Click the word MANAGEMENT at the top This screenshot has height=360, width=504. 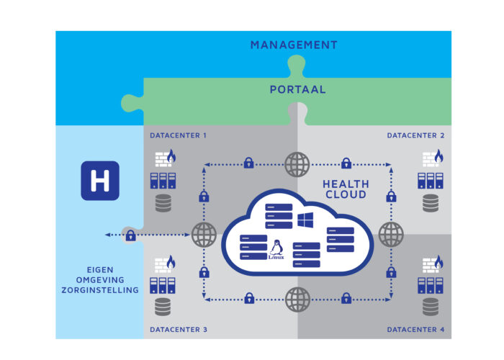tap(294, 45)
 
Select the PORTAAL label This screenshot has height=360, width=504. tap(298, 90)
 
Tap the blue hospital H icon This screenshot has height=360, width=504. tap(100, 180)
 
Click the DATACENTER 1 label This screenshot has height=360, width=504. tap(179, 135)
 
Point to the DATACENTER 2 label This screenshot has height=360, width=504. tap(415, 135)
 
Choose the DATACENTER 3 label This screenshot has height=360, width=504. tap(179, 330)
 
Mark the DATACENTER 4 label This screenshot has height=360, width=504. tap(415, 330)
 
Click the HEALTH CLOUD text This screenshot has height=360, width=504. tap(345, 189)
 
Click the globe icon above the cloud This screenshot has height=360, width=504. tap(297, 165)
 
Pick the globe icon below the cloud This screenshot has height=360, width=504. tap(297, 297)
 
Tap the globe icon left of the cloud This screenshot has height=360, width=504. tap(204, 235)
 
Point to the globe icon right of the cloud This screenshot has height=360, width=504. tap(391, 234)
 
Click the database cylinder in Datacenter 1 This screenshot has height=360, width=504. tap(163, 204)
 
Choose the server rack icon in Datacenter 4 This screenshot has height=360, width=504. tap(431, 283)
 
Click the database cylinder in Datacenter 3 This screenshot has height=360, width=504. tap(163, 307)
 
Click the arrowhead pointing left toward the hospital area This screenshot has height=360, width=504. tap(107, 235)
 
